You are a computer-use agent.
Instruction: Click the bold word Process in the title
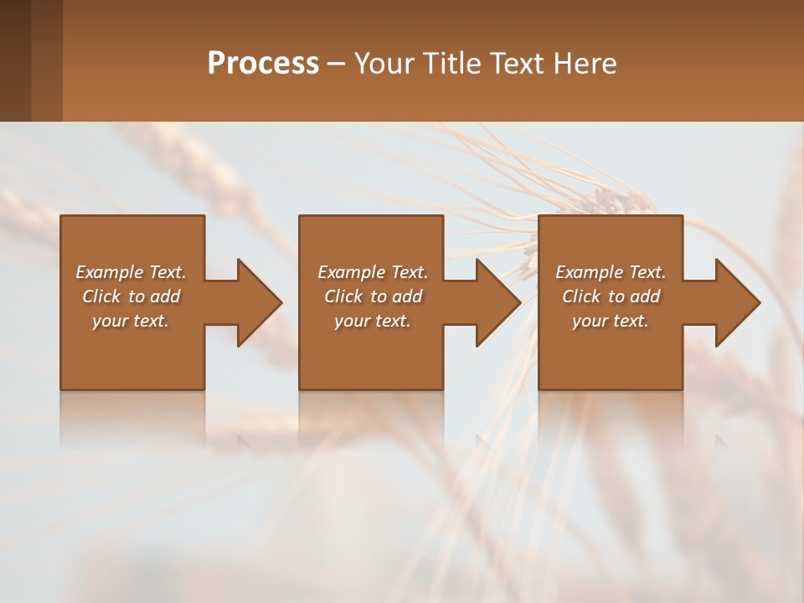coord(263,63)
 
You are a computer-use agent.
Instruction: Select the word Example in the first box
coord(109,272)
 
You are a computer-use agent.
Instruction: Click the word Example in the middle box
coord(351,272)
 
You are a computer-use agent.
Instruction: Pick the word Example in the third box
coord(589,272)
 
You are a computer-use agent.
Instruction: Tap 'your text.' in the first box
coord(131,321)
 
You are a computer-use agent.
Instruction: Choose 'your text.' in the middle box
coord(373,321)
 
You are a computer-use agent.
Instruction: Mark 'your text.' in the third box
coord(611,321)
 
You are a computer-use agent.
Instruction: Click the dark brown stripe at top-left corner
coord(15,60)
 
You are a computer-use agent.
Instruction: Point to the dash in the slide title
coord(337,64)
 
